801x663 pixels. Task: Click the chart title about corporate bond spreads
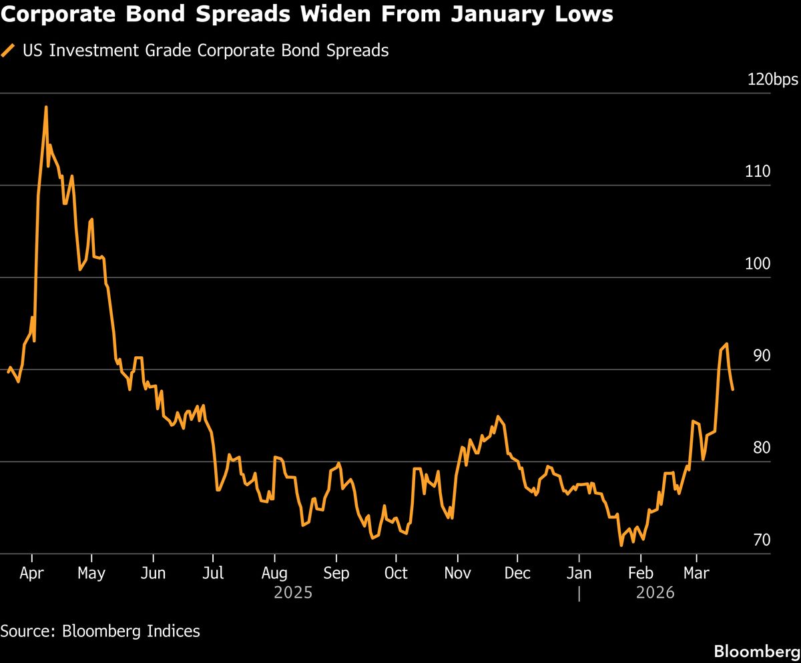click(306, 14)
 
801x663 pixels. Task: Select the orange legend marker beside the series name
click(9, 51)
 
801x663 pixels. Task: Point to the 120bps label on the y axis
click(772, 80)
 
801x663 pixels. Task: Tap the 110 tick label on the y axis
click(758, 172)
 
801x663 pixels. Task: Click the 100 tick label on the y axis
click(758, 264)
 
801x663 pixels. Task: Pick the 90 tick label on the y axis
click(762, 356)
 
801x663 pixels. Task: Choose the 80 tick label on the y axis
click(762, 448)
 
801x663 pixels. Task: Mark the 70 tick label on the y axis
click(762, 540)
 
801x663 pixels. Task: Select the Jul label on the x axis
click(213, 573)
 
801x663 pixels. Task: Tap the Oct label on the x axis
click(396, 573)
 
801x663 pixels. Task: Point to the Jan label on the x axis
click(579, 573)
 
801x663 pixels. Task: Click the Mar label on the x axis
click(696, 573)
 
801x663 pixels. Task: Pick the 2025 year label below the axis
click(293, 592)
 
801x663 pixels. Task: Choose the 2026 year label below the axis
click(657, 592)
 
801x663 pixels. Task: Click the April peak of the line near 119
click(46, 107)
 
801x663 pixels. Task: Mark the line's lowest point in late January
click(621, 545)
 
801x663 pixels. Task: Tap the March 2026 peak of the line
click(726, 344)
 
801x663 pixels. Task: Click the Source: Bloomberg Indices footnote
click(100, 631)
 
